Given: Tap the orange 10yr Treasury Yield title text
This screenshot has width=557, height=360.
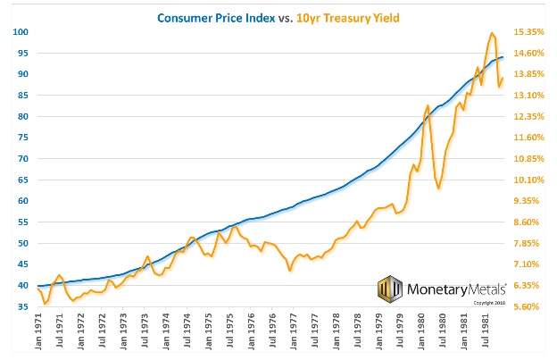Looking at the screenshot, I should click(343, 17).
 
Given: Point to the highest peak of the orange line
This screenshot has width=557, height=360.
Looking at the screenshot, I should click(492, 34).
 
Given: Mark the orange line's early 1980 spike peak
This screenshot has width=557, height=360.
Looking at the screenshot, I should click(428, 105).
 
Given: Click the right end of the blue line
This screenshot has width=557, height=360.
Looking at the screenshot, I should click(503, 57).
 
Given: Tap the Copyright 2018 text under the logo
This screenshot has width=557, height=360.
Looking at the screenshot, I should click(490, 302).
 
